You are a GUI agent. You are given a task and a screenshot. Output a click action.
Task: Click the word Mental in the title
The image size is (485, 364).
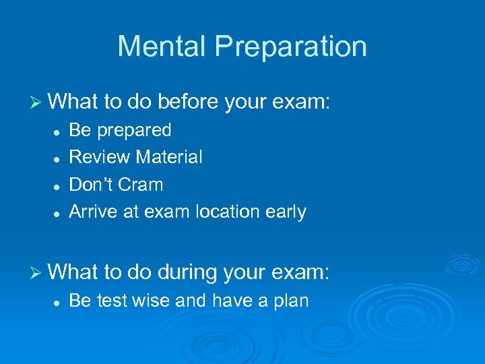pos(158,47)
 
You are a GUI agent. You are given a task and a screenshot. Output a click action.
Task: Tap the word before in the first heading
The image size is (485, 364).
pos(182,102)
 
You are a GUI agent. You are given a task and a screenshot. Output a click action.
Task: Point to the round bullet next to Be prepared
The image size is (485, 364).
pos(59,130)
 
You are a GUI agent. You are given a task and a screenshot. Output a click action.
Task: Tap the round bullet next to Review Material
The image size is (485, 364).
pos(59,158)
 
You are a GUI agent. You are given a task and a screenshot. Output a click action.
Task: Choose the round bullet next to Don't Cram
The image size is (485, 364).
pos(59,185)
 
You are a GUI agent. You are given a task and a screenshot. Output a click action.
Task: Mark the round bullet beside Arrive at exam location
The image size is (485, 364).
pos(59,212)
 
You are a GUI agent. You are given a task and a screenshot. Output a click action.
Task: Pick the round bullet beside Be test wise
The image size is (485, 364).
pos(59,301)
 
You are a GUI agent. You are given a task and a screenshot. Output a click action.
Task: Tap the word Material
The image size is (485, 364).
pos(169,157)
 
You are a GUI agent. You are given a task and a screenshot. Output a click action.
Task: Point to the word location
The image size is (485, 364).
pos(228,212)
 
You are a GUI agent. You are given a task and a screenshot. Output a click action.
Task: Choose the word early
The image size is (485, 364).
pos(286,212)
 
